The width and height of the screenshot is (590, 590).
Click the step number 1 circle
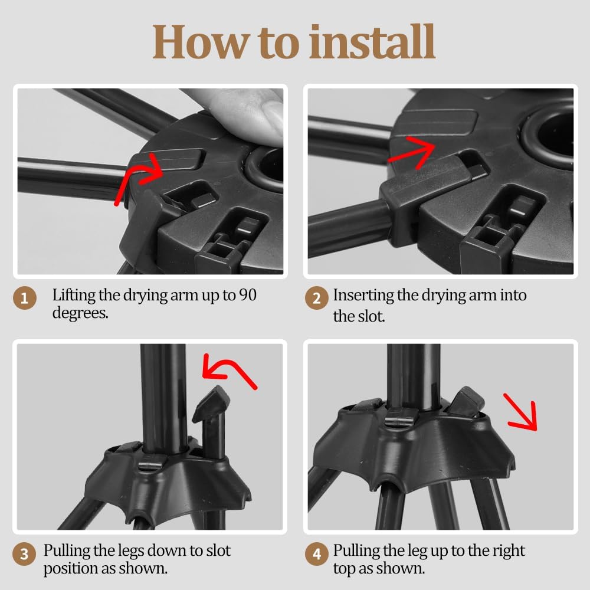click(x=24, y=298)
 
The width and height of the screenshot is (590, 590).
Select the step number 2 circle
click(x=316, y=298)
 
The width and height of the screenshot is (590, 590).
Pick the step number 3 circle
click(x=24, y=553)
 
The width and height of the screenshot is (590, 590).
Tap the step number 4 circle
click(x=316, y=553)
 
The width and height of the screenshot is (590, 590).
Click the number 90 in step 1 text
click(x=248, y=295)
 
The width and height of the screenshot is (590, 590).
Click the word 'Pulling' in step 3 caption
click(x=67, y=551)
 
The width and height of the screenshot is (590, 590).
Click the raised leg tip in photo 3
click(x=211, y=402)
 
